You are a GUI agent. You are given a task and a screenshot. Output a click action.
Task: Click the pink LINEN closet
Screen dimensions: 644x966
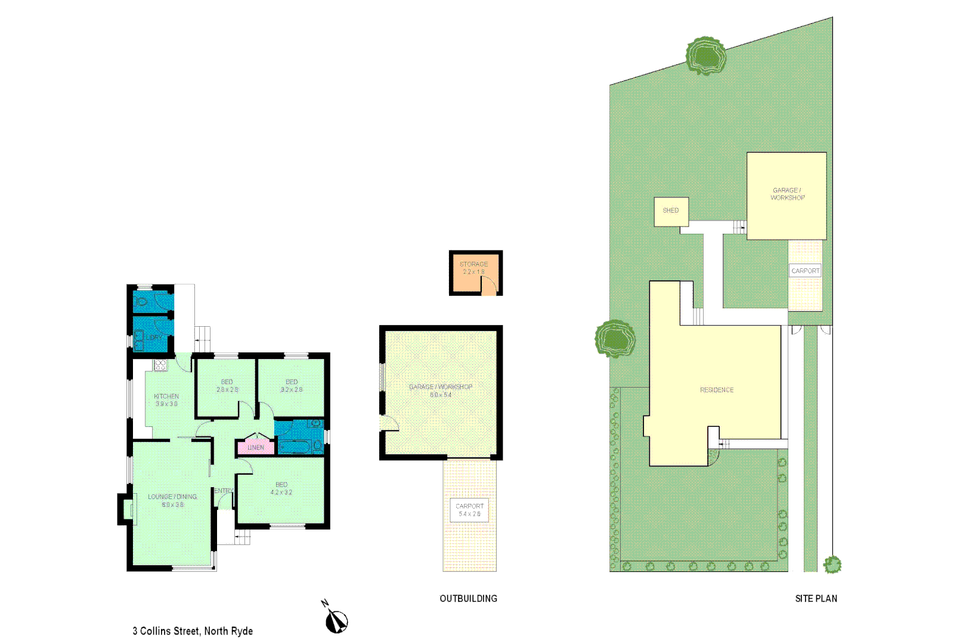click(256, 447)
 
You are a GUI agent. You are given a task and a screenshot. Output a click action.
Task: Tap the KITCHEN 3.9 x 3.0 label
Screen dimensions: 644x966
click(166, 400)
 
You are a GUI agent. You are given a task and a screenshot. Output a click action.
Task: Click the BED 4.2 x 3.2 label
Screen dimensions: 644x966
click(281, 488)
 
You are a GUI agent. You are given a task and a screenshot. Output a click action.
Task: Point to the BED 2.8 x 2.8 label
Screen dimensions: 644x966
click(227, 386)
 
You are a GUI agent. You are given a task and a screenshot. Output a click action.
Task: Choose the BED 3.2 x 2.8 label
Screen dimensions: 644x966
click(292, 386)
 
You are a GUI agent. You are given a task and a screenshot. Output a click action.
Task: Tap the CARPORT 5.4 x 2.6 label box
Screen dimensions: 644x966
click(470, 510)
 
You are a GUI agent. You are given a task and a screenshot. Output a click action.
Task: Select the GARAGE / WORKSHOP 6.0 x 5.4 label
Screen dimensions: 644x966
click(441, 391)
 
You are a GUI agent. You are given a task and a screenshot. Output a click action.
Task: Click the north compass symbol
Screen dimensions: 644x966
click(336, 621)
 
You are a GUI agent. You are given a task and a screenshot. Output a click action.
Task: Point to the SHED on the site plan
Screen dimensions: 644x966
click(671, 211)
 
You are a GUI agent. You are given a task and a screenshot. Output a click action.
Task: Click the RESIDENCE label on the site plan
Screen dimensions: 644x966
click(717, 390)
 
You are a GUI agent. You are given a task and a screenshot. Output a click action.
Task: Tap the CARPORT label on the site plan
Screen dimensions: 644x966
click(806, 271)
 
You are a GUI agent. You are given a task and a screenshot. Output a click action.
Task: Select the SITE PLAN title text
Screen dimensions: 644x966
click(816, 599)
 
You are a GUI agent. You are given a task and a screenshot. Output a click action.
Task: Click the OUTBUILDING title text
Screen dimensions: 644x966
click(468, 599)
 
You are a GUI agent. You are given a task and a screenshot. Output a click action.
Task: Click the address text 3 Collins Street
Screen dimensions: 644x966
click(193, 631)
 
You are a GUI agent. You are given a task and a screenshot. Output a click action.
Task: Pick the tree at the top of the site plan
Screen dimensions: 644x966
click(705, 56)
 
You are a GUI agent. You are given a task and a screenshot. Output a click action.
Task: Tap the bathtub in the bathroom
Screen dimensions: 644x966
click(294, 446)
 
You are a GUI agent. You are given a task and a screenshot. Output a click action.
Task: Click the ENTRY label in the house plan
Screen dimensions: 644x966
click(224, 491)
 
